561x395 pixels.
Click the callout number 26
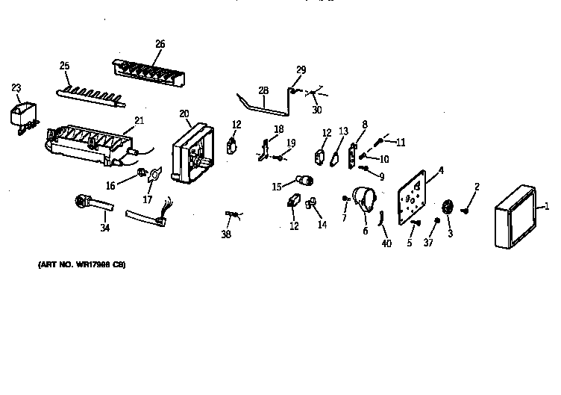coord(160,43)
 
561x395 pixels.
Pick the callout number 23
coord(16,87)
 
